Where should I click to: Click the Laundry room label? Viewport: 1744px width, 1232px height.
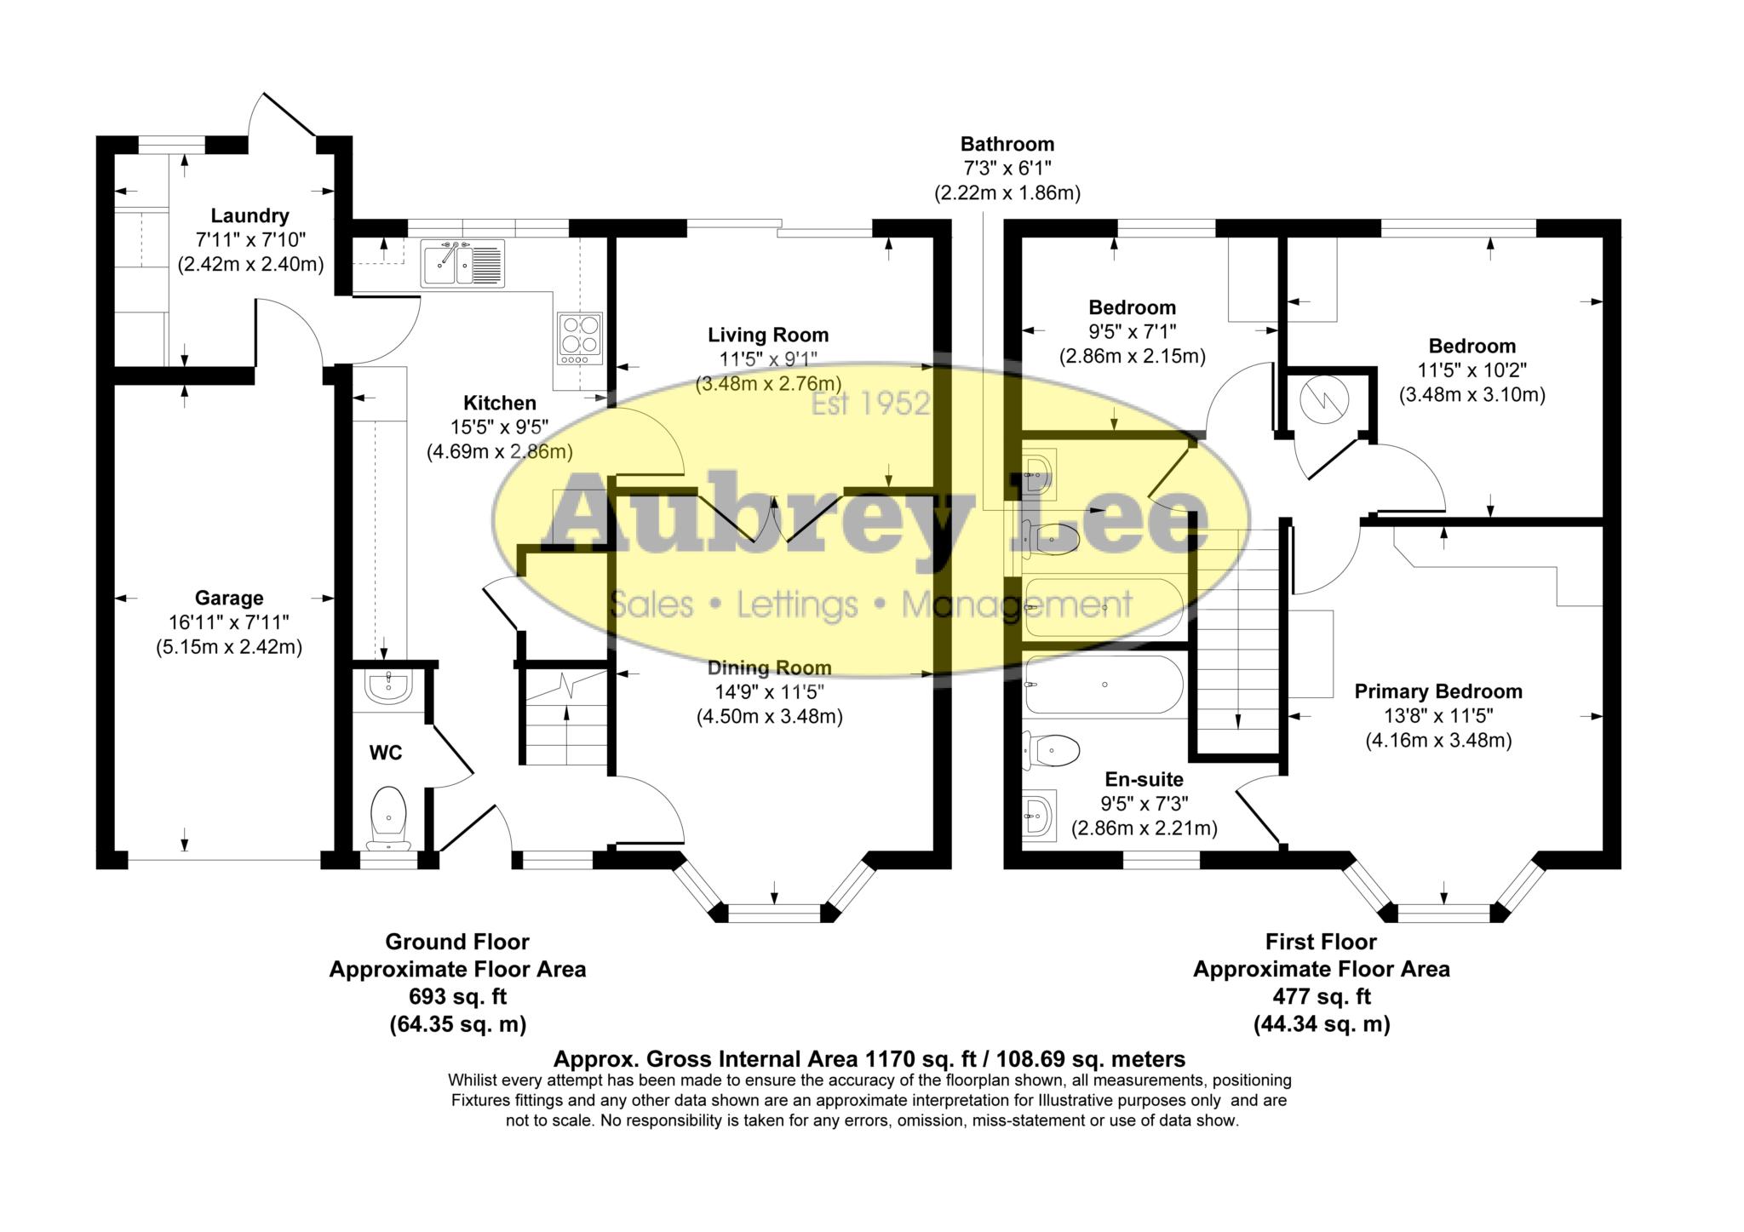coord(250,216)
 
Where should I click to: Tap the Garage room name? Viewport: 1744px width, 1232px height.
coord(229,599)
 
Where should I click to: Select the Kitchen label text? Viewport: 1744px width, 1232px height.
coord(499,403)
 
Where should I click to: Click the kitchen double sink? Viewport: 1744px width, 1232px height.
coord(462,262)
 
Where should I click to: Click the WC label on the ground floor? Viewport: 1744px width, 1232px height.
coord(386,753)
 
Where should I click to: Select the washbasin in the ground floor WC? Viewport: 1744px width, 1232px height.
coord(389,685)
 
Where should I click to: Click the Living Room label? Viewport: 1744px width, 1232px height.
coord(768,335)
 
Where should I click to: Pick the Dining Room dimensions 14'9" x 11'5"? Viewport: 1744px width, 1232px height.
coord(769,692)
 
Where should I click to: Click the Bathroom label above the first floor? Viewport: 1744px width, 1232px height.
coord(1007,144)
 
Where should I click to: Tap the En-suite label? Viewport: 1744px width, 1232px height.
coord(1144,779)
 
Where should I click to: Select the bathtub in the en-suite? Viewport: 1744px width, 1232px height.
coord(1104,685)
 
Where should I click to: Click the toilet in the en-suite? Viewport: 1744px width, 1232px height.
coord(1052,751)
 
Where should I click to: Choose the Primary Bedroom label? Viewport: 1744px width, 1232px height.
coord(1438,692)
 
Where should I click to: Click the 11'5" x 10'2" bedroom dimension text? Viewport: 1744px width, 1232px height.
coord(1472,370)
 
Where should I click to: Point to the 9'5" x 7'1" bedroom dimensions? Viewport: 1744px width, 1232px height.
coord(1133,332)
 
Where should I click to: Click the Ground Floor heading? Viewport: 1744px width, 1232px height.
coord(457,943)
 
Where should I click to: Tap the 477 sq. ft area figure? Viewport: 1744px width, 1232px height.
coord(1322,996)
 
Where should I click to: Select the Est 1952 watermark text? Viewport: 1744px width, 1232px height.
coord(869,404)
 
